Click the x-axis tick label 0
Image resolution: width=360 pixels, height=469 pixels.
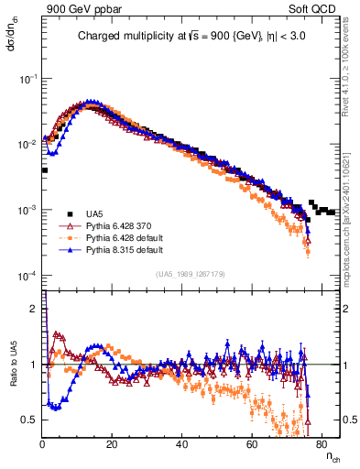coord(43,443)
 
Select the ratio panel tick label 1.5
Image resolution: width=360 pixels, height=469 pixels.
coord(30,337)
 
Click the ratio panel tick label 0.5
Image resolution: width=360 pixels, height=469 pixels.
coord(30,420)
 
